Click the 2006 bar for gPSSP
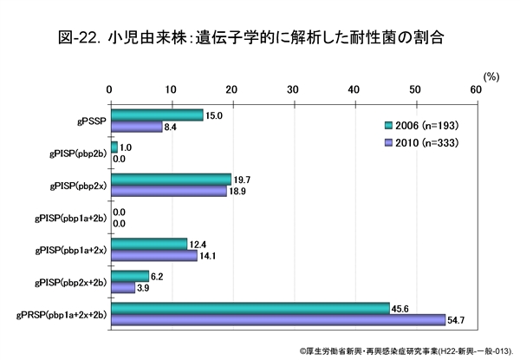(156, 115)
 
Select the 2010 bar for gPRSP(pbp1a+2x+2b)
(277, 319)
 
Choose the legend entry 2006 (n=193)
(419, 124)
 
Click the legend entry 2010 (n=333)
(419, 141)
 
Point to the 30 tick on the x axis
(292, 89)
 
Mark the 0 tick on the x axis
(110, 89)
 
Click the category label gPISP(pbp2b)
(75, 153)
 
